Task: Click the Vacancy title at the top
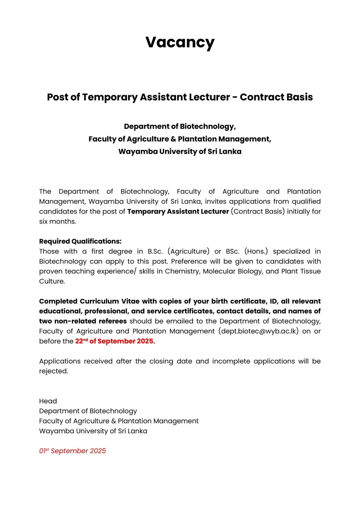click(x=180, y=43)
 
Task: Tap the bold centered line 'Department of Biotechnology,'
click(x=180, y=127)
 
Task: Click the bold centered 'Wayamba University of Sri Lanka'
click(x=180, y=152)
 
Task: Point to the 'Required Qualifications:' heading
click(x=80, y=242)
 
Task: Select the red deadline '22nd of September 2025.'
click(x=115, y=341)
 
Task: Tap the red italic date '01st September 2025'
click(x=73, y=451)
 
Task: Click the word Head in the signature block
click(x=48, y=401)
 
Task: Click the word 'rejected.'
click(x=54, y=371)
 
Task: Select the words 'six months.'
click(x=58, y=222)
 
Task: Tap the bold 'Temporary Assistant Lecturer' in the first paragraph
click(x=178, y=212)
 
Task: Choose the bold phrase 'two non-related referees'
click(x=83, y=321)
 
